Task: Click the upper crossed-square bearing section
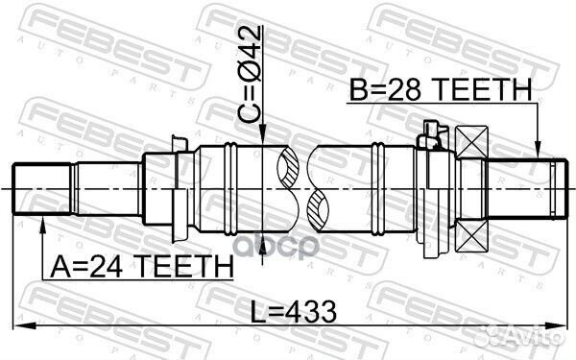point(473,143)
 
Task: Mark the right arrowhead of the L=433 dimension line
point(566,324)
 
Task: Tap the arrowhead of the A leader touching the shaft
point(42,222)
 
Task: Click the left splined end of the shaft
point(38,188)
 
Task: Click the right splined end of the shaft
point(552,188)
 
